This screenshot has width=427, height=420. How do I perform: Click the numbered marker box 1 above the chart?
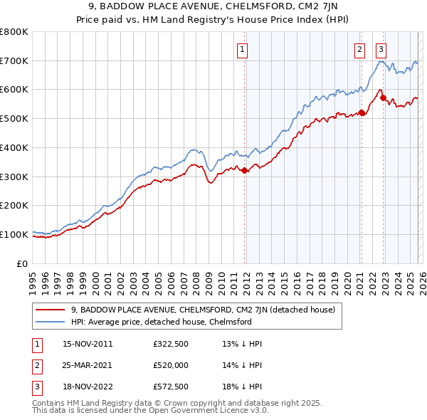243,49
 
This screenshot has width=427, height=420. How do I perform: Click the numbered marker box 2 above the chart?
360,49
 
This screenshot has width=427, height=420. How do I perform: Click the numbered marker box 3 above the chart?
381,49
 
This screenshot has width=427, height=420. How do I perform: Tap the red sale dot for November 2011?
245,170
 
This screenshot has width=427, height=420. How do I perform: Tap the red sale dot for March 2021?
362,112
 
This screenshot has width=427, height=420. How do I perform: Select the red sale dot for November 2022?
383,98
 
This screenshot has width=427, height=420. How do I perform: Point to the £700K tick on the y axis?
14,61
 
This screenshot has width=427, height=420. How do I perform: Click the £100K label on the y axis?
14,234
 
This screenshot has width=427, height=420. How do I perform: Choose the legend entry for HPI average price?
161,322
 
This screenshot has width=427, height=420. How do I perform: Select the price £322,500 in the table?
170,344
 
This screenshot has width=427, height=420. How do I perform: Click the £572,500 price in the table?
170,387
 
